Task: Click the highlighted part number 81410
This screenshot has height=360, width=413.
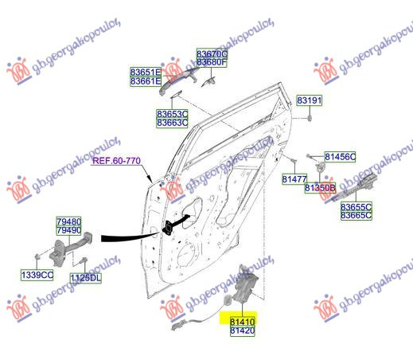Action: coord(242,322)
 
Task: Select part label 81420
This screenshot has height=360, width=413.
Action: coord(242,331)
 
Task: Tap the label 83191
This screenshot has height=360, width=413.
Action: coord(309,100)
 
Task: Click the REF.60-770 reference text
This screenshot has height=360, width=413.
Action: coord(116,161)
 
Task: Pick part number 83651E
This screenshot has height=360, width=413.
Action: coord(146,72)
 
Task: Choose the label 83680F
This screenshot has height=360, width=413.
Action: coord(212,62)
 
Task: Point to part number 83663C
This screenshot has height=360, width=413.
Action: coord(172,123)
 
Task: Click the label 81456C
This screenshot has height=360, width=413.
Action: coord(340,157)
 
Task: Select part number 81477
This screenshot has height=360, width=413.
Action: coord(294,179)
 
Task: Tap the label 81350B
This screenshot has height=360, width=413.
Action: coord(320,188)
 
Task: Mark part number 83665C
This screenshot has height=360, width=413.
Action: coord(357,215)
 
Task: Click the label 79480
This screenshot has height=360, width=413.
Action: coord(69,221)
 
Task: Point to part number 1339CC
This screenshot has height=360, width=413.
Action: coord(37,275)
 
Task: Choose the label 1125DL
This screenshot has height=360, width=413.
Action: coord(86,278)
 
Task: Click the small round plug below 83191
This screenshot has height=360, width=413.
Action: coord(310,118)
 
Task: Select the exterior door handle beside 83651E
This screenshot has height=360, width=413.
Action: coord(177,80)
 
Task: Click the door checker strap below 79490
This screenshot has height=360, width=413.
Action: coord(71,248)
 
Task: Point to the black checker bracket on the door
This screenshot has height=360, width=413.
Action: coord(169,228)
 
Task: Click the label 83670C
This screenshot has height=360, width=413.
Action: coord(212,53)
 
